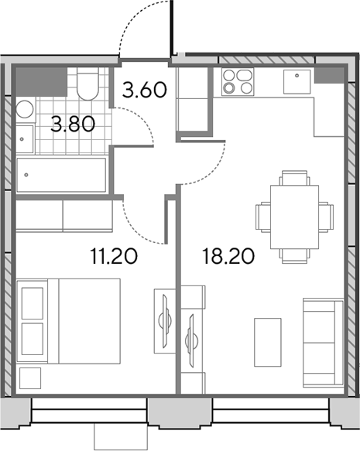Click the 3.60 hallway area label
click(x=145, y=90)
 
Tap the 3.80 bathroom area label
click(x=73, y=125)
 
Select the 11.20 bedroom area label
click(x=114, y=256)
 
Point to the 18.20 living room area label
click(x=228, y=256)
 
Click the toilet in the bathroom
click(x=88, y=84)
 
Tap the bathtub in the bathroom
click(x=61, y=175)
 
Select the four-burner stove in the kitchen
click(x=238, y=82)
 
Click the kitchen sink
click(x=297, y=82)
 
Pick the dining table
click(x=294, y=217)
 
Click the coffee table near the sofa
click(x=268, y=342)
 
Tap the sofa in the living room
click(x=324, y=343)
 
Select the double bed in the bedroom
click(x=68, y=321)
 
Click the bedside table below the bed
click(x=30, y=378)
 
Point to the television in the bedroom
click(x=166, y=321)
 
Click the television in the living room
click(x=192, y=341)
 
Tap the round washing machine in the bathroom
click(x=25, y=109)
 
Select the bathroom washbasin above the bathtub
click(x=25, y=139)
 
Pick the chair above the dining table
click(x=294, y=178)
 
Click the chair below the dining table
click(x=294, y=256)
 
